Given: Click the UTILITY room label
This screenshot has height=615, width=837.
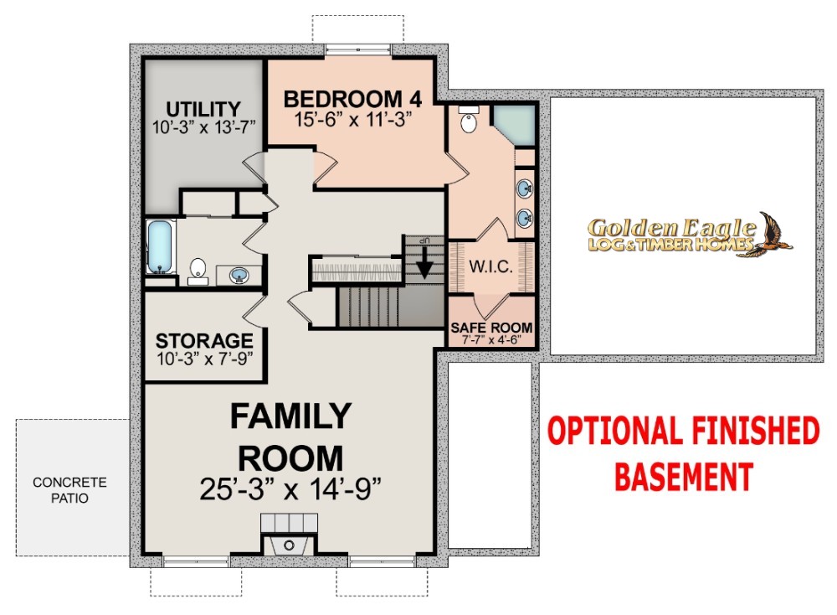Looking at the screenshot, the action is pyautogui.click(x=203, y=109).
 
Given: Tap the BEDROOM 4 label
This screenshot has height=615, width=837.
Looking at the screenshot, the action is pyautogui.click(x=353, y=99).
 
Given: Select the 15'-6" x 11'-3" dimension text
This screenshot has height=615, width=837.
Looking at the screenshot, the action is pyautogui.click(x=353, y=119).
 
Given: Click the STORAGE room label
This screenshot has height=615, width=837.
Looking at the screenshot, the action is pyautogui.click(x=204, y=340).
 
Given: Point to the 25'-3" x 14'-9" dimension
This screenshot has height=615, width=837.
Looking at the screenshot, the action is pyautogui.click(x=290, y=488).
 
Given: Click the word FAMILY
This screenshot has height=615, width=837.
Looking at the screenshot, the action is pyautogui.click(x=290, y=416).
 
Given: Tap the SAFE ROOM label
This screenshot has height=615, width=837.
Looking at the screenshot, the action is pyautogui.click(x=491, y=327).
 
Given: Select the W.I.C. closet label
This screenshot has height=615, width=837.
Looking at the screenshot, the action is pyautogui.click(x=491, y=266).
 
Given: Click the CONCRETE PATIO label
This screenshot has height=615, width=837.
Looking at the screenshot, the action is pyautogui.click(x=69, y=490).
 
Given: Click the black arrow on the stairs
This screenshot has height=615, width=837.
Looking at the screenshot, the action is pyautogui.click(x=424, y=261).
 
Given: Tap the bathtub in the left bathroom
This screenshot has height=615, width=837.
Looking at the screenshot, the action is pyautogui.click(x=160, y=247).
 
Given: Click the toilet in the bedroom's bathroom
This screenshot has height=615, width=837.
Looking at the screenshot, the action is pyautogui.click(x=469, y=120).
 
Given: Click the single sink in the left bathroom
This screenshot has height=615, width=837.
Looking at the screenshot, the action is pyautogui.click(x=239, y=276).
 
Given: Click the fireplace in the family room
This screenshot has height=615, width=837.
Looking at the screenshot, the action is pyautogui.click(x=289, y=535).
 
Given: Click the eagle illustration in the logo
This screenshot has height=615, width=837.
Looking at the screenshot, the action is pyautogui.click(x=774, y=235).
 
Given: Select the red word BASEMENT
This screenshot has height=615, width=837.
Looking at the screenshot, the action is pyautogui.click(x=684, y=476).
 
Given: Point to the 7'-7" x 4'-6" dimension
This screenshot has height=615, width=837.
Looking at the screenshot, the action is pyautogui.click(x=491, y=340).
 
